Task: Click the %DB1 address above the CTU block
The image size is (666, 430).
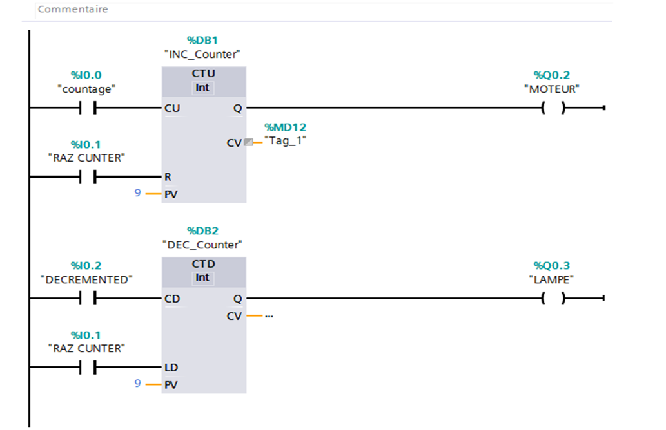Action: [203, 41]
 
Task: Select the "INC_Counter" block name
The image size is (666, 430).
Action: [203, 54]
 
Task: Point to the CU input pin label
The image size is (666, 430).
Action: [172, 108]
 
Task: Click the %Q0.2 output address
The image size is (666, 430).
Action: [551, 75]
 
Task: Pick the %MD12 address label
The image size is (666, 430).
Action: [285, 127]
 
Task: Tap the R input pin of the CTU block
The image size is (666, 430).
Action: [168, 176]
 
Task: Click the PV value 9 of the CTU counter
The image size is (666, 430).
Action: [137, 192]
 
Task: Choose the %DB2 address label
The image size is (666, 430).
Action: [203, 230]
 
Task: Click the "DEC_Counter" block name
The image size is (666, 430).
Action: [203, 245]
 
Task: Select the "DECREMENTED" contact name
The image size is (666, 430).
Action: [86, 279]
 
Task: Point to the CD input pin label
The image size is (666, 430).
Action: [172, 299]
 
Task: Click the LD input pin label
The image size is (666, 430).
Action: [171, 368]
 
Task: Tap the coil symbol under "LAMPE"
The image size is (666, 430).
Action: [553, 299]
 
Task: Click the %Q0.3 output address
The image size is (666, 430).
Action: [551, 266]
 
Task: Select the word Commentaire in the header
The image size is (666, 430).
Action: [73, 10]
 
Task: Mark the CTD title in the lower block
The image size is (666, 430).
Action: [203, 264]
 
